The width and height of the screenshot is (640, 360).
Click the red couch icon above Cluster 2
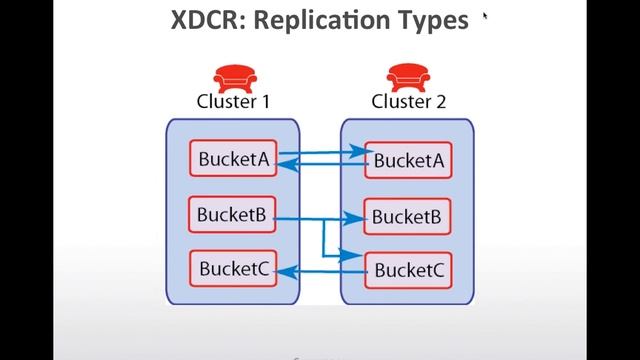408,77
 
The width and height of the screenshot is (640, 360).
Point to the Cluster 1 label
233,101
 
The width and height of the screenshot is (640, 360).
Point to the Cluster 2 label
408,101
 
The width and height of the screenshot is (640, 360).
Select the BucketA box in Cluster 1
233,159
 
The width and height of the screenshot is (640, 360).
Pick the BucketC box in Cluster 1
233,268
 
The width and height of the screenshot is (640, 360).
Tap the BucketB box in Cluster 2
407,215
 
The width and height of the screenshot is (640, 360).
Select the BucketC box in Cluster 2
407,269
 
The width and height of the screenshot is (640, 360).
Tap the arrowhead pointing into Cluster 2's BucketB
360,217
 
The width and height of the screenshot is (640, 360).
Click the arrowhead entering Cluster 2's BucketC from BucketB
359,255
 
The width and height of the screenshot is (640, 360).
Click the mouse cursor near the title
486,16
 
